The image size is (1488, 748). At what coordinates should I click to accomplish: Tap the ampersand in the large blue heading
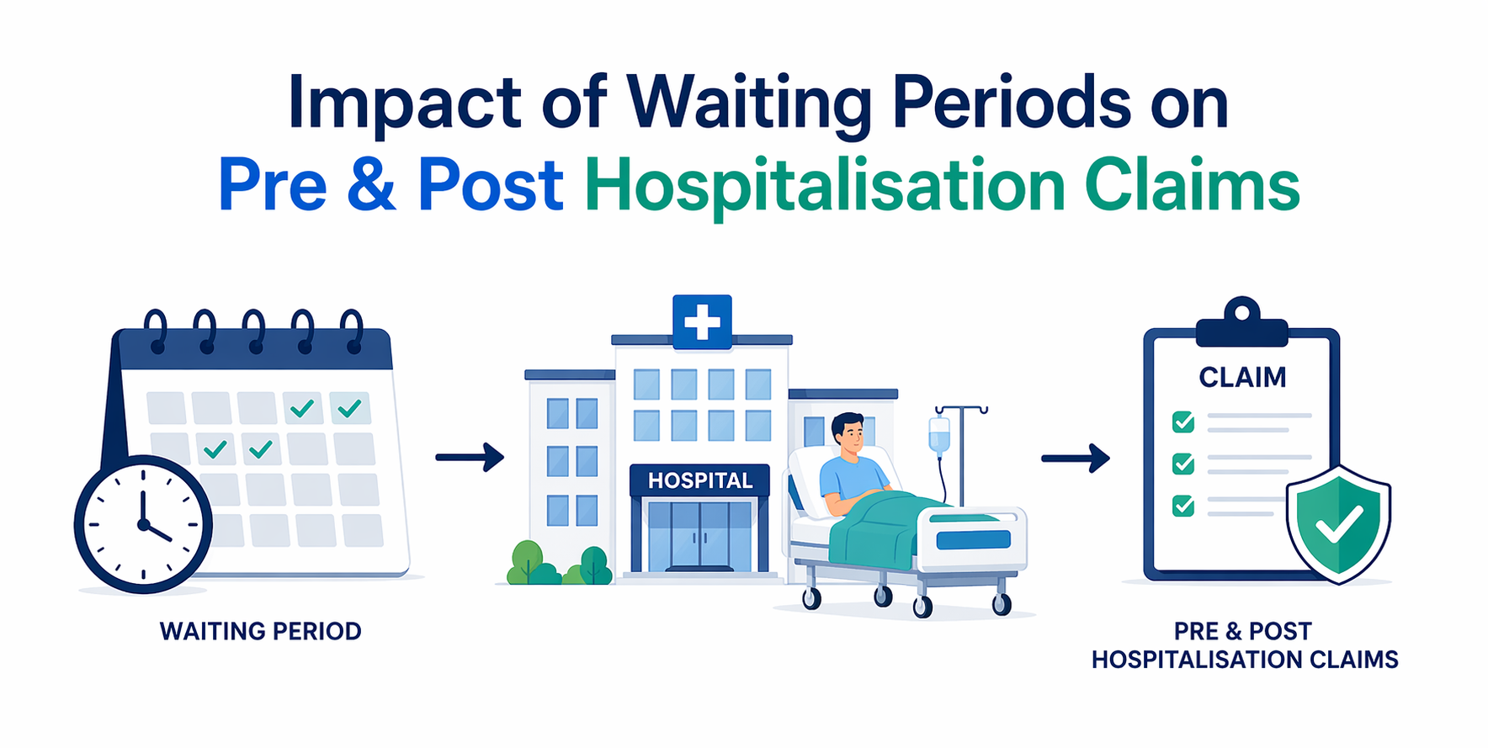(370, 185)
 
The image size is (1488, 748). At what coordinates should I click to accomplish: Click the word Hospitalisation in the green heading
(825, 187)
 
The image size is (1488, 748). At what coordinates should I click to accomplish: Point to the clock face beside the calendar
(143, 523)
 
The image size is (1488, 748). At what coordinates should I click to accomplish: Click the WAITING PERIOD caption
(261, 631)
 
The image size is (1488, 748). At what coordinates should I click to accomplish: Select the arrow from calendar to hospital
(470, 458)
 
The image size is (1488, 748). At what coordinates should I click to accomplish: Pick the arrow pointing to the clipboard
(1076, 459)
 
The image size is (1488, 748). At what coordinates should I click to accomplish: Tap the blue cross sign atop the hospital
(702, 321)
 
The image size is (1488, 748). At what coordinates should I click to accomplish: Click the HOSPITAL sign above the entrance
(699, 480)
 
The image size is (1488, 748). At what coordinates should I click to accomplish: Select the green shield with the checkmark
(1338, 524)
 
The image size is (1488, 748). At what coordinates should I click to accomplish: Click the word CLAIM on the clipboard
(1242, 378)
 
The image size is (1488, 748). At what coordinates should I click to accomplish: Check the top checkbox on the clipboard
(1183, 422)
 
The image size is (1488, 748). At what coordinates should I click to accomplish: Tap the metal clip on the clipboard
(1242, 324)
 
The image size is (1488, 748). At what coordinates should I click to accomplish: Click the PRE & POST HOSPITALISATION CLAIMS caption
(1244, 645)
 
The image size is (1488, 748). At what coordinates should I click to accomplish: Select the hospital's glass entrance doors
(699, 535)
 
